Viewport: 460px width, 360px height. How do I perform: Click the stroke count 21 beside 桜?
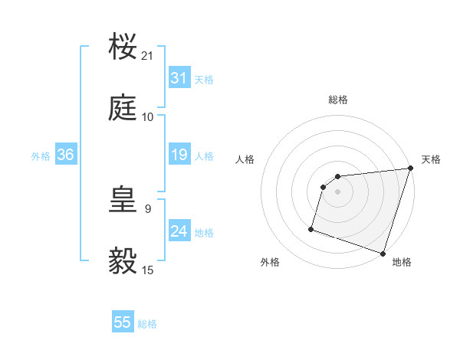tap(148, 56)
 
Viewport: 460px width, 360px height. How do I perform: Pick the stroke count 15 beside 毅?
tap(148, 270)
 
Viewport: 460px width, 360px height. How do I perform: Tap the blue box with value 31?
tap(179, 78)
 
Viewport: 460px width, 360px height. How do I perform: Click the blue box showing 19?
tap(179, 155)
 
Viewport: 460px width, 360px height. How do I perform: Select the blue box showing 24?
tap(179, 231)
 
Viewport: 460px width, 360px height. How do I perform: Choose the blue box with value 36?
tap(66, 155)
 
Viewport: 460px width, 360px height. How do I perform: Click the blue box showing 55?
tap(123, 322)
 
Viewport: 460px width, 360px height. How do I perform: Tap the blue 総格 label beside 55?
tap(147, 324)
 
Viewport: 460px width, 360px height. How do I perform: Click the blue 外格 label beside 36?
tap(41, 156)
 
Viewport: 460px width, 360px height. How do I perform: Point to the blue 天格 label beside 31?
tap(204, 80)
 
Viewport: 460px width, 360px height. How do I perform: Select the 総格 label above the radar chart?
tap(338, 100)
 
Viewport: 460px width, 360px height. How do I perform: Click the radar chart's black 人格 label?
tap(245, 159)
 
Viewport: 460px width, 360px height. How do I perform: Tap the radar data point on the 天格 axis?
tap(410, 169)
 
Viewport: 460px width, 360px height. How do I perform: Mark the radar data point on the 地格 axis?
tap(383, 253)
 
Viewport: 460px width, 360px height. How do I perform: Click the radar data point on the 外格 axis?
tap(311, 228)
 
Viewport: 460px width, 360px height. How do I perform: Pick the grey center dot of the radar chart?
tap(338, 192)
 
